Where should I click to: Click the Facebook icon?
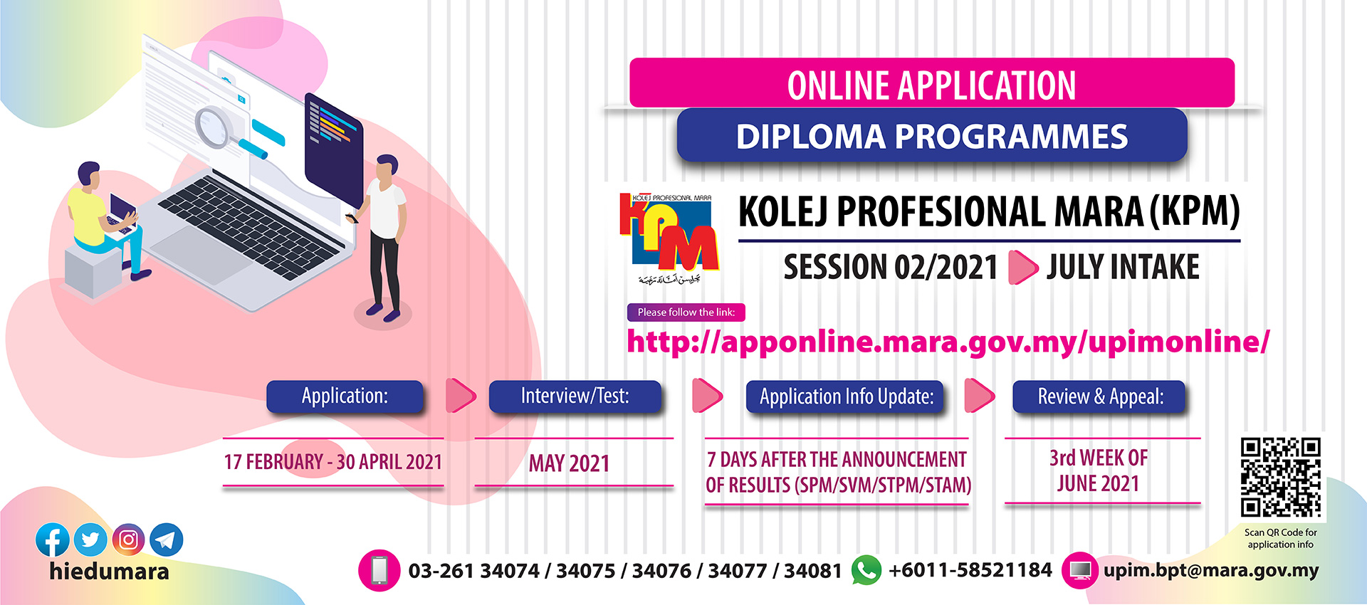(52, 540)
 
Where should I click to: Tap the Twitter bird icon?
(90, 540)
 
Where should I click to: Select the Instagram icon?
(128, 540)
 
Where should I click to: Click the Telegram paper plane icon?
(166, 540)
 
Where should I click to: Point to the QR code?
(1280, 477)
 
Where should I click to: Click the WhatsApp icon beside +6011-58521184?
(866, 571)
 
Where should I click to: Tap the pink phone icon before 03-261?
(379, 571)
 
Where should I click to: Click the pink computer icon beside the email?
(1080, 571)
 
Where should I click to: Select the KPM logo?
(669, 238)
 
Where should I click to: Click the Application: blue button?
(345, 396)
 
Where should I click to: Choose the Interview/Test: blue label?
(575, 396)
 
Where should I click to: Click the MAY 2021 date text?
(569, 464)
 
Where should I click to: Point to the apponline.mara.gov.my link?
(947, 342)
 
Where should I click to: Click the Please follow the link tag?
(686, 312)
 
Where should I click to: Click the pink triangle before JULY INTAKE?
(1022, 268)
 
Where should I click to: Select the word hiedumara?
(109, 572)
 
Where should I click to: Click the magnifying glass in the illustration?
(214, 127)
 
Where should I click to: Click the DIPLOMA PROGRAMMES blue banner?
(931, 137)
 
